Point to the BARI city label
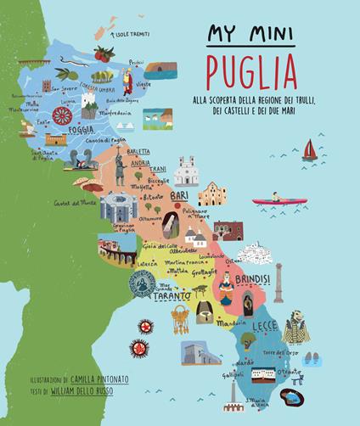point(179,196)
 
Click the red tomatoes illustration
point(104,55)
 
